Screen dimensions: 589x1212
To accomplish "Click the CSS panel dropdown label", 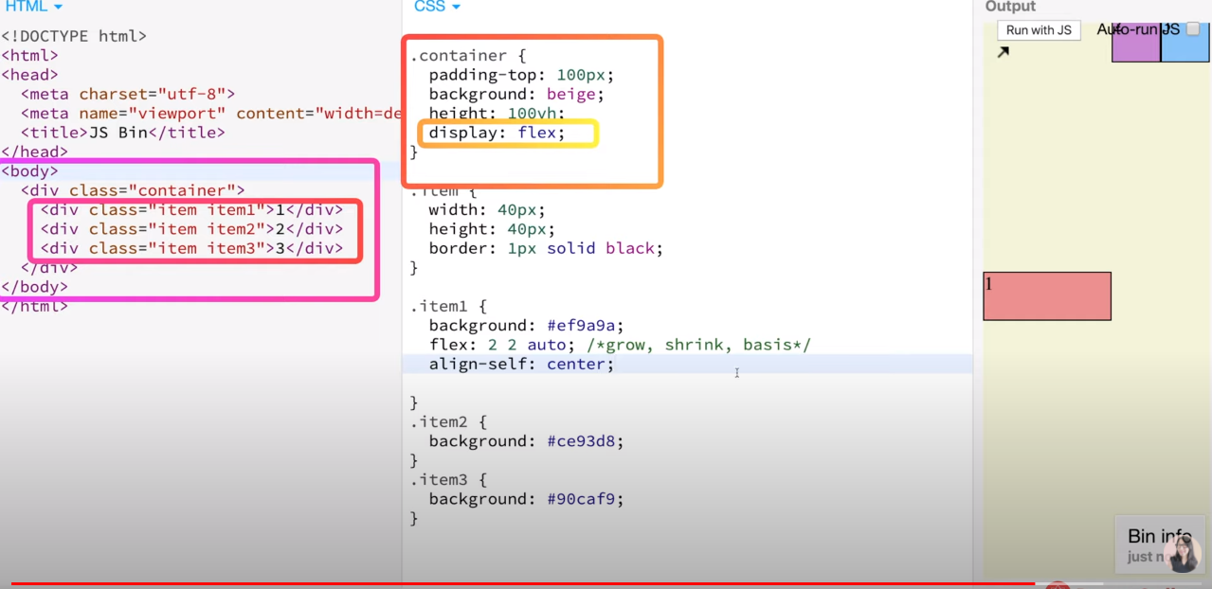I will (436, 7).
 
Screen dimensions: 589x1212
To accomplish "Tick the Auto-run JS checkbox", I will (1193, 29).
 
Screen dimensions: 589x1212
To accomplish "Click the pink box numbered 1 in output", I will (1047, 296).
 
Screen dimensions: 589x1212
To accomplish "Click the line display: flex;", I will (497, 133).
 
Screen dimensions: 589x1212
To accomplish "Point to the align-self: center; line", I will (521, 364).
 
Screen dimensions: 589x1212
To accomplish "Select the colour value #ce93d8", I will (586, 441).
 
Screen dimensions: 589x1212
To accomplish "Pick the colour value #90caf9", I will (586, 499).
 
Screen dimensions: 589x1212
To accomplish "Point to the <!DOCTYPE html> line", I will (74, 36).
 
